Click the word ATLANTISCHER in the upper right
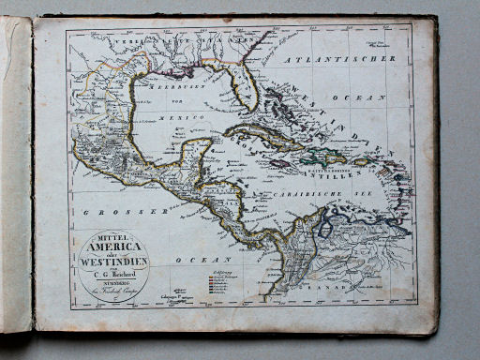pyautogui.click(x=352, y=58)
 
